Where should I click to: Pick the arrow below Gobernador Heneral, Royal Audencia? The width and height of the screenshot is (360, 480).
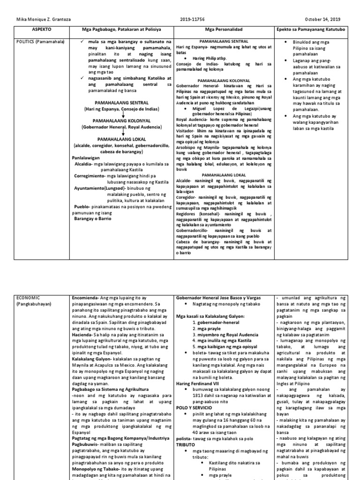click(x=121, y=133)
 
